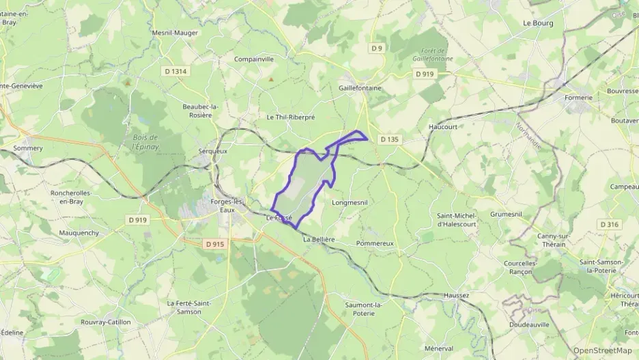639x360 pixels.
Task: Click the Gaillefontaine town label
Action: pos(360,88)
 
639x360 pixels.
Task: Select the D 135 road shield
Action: pos(389,139)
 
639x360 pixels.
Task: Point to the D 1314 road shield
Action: pos(175,71)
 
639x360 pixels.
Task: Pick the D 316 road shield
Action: pos(609,224)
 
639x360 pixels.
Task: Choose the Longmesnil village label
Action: pos(350,203)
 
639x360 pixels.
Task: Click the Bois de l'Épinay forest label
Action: pos(145,142)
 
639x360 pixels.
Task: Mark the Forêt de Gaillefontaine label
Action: pos(433,55)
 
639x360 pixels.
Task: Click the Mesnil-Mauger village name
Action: pos(175,32)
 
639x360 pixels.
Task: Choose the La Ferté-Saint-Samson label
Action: pos(189,307)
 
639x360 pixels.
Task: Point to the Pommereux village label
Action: pos(375,243)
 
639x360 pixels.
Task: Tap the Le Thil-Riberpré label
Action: pos(291,117)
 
